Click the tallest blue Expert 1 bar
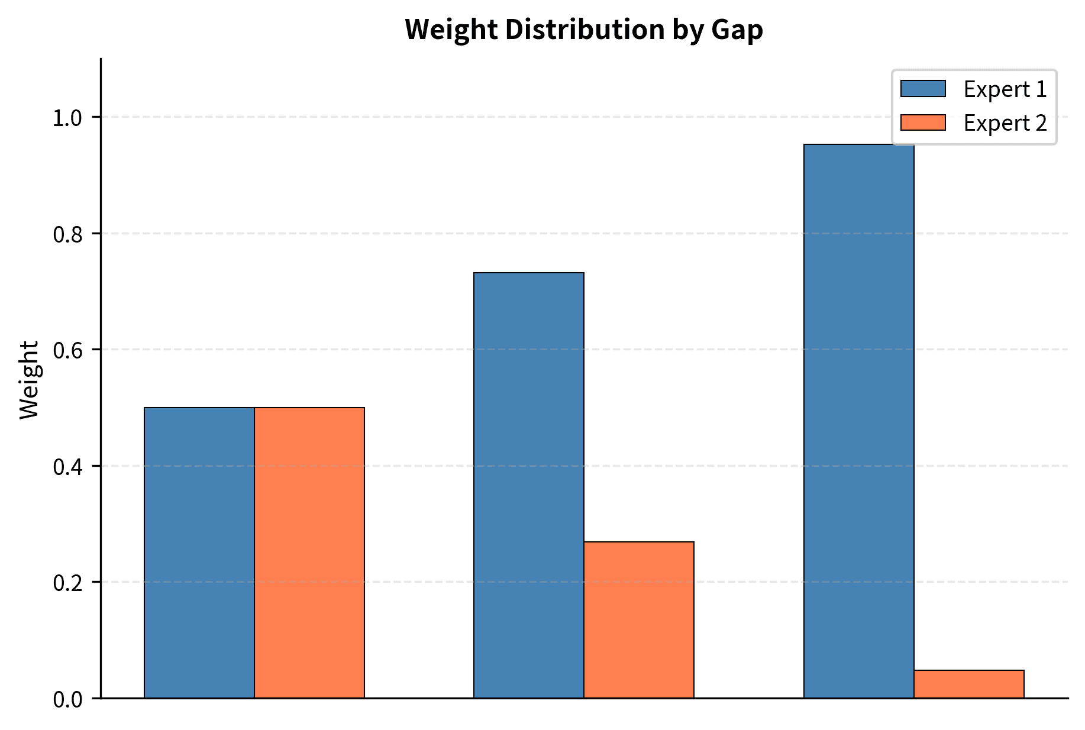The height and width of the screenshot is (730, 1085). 858,421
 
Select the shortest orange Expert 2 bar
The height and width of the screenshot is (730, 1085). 968,684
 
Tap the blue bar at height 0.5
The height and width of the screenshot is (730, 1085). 199,553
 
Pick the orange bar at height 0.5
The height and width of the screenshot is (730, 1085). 309,553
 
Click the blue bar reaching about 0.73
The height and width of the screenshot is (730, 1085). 529,485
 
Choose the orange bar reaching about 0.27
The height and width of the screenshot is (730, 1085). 639,619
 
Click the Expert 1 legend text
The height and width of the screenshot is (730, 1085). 1005,89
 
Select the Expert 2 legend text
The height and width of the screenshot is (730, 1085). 1005,123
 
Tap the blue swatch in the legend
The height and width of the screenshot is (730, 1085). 923,89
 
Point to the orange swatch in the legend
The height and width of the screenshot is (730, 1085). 923,122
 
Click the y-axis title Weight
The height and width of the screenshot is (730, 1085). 28,380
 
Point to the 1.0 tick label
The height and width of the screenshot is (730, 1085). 67,118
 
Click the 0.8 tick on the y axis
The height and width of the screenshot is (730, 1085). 67,234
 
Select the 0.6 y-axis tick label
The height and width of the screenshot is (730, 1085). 67,350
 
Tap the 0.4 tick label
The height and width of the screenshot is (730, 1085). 67,467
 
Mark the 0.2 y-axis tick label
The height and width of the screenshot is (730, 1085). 67,583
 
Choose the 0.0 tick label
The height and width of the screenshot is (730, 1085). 67,699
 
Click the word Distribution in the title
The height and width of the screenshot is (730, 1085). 585,30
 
